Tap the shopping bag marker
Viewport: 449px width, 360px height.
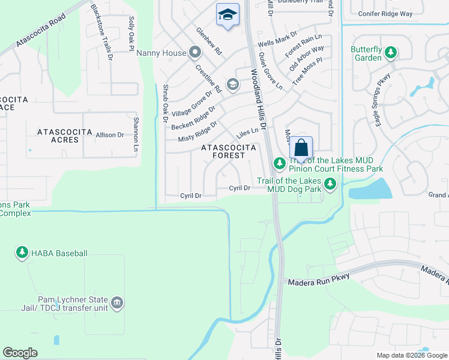301,148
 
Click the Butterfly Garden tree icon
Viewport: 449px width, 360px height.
390,53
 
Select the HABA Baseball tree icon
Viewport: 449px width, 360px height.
22,253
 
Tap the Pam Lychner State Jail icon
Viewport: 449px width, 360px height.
117,302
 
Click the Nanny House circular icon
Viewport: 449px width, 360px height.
194,53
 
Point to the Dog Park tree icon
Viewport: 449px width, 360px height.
330,184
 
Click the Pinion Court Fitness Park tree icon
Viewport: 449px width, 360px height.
279,163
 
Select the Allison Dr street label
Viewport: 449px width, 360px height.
109,136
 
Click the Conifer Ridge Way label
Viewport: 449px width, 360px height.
385,13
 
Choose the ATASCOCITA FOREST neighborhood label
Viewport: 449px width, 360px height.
229,151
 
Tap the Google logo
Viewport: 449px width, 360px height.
20,353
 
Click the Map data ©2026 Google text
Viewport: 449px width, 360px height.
411,355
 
